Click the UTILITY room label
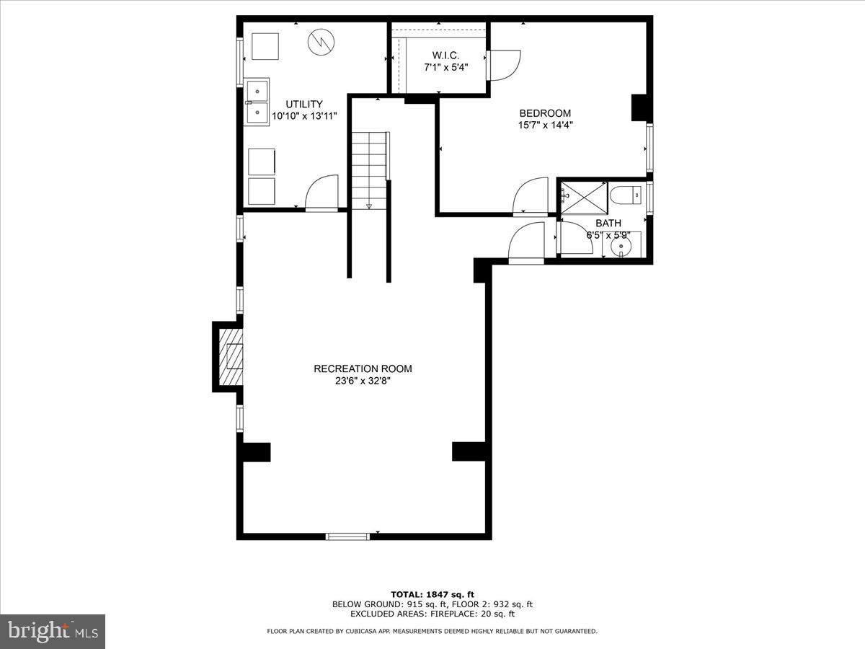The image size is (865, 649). (x=303, y=104)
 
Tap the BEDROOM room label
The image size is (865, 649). (x=545, y=113)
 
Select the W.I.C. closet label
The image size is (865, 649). (x=445, y=56)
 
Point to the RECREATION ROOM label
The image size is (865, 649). (x=363, y=368)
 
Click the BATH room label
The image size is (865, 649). (x=608, y=224)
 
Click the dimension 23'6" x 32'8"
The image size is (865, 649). (x=363, y=381)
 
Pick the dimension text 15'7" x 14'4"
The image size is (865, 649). (x=545, y=125)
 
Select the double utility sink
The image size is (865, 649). (x=257, y=101)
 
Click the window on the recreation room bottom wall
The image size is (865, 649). (x=348, y=536)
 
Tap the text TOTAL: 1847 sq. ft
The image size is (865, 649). (x=432, y=594)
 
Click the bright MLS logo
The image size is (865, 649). (x=53, y=631)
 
